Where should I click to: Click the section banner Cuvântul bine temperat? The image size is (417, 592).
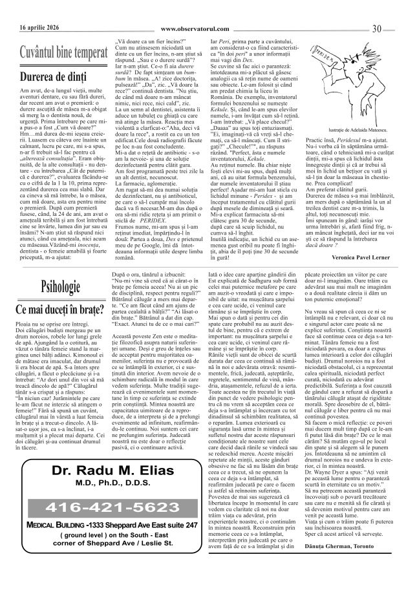pyautogui.click(x=63, y=51)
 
